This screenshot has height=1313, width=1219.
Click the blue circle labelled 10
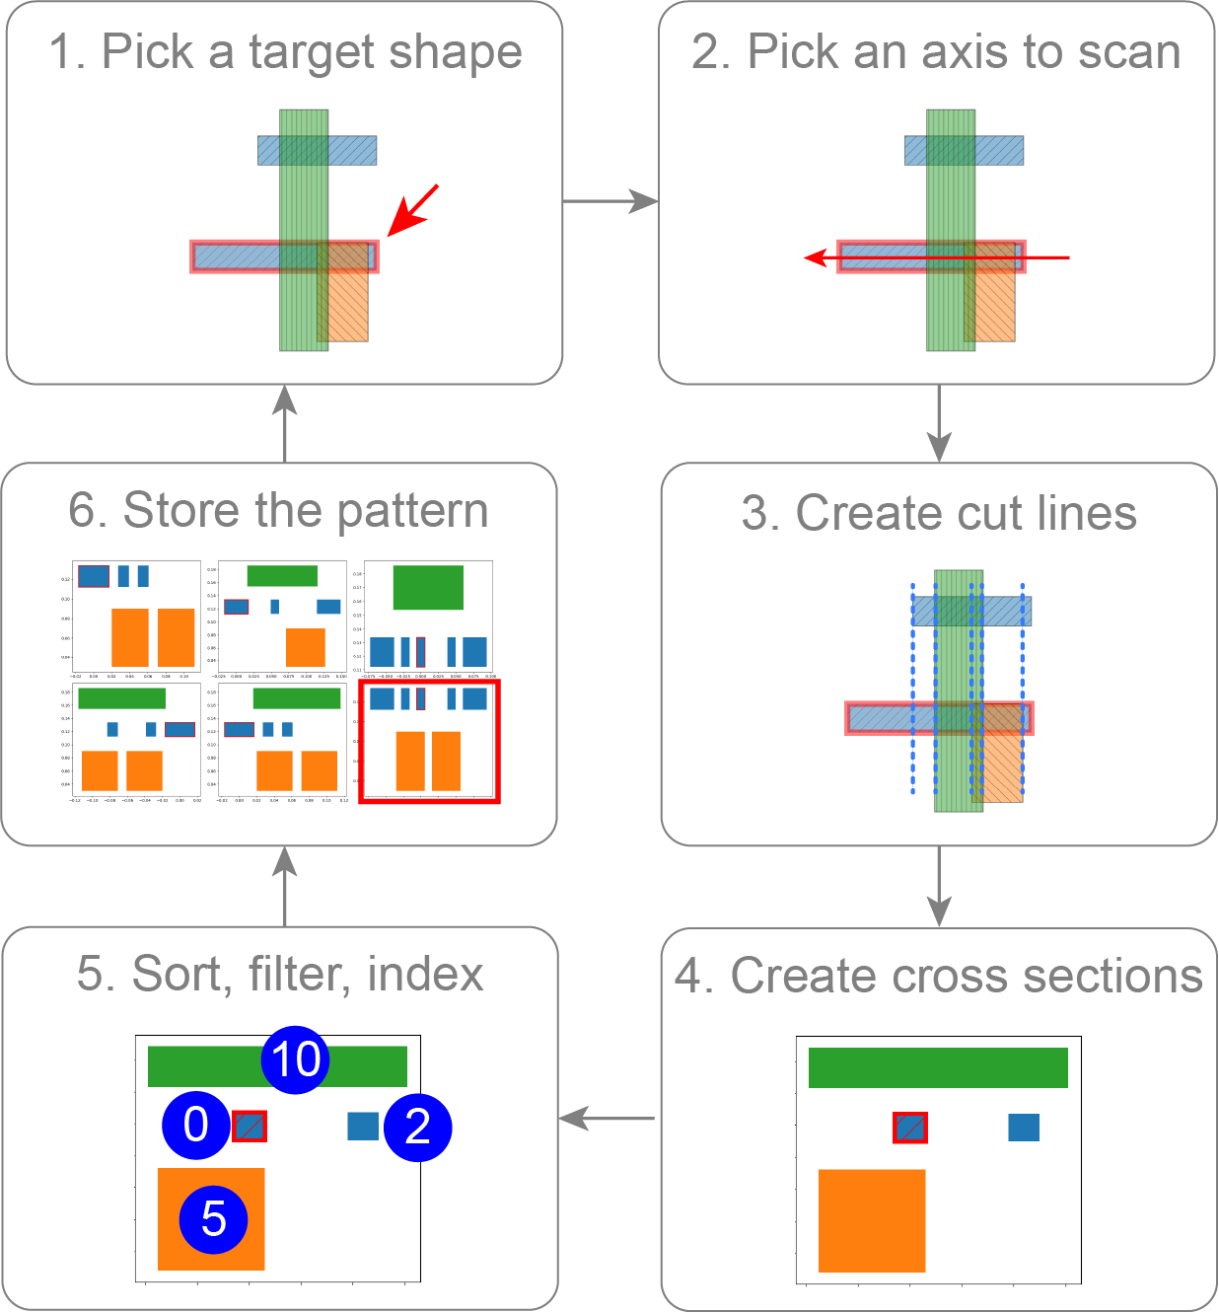point(295,1059)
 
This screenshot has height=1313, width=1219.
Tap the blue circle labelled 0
point(196,1125)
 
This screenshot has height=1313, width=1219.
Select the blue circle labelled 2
point(418,1127)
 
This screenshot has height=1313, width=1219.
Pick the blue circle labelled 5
point(213,1219)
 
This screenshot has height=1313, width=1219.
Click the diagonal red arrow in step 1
point(413,209)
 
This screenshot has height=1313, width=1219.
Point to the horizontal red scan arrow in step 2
point(937,258)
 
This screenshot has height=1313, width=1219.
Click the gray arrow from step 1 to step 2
point(609,201)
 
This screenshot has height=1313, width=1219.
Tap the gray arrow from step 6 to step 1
point(285,423)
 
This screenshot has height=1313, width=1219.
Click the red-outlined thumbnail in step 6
point(429,741)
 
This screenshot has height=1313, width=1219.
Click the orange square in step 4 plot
point(872,1220)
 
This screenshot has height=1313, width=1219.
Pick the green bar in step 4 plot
point(938,1067)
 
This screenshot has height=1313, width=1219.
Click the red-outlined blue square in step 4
point(909,1128)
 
